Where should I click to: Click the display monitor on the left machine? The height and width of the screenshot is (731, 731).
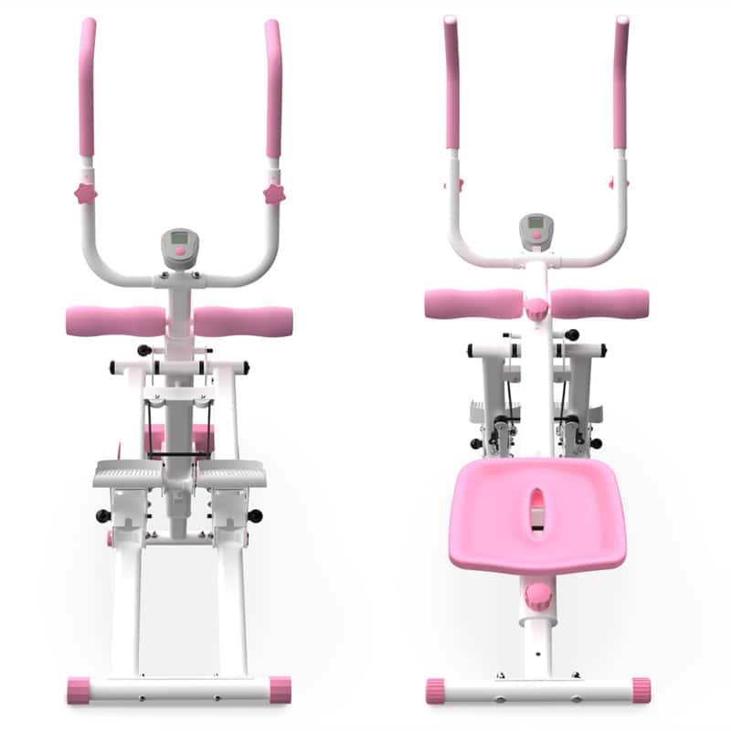pyautogui.click(x=179, y=244)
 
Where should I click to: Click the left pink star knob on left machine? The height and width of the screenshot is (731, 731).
pyautogui.click(x=85, y=193)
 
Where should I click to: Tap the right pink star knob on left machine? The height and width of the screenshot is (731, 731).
pyautogui.click(x=273, y=193)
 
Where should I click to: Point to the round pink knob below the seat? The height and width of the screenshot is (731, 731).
pyautogui.click(x=537, y=596)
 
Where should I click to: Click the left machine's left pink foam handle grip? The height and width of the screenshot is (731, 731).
pyautogui.click(x=87, y=87)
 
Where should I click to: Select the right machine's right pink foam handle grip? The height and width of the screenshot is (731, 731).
pyautogui.click(x=621, y=82)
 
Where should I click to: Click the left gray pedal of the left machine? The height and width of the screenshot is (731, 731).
pyautogui.click(x=128, y=474)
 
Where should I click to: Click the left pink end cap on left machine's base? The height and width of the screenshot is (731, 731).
pyautogui.click(x=79, y=690)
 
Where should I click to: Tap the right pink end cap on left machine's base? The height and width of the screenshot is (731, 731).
pyautogui.click(x=280, y=690)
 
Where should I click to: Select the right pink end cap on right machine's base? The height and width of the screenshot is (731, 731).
pyautogui.click(x=640, y=690)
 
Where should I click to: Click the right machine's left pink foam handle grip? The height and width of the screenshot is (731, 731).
pyautogui.click(x=451, y=82)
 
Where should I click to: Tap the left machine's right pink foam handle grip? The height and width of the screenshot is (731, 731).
pyautogui.click(x=272, y=87)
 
